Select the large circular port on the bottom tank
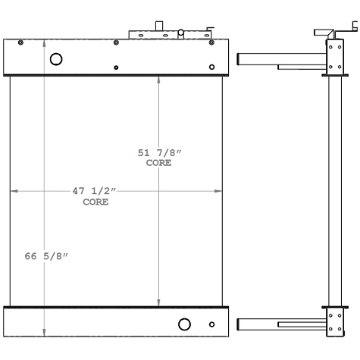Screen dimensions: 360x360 (184, 324)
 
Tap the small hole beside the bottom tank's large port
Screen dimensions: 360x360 (211, 325)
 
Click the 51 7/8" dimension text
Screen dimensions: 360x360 (159, 153)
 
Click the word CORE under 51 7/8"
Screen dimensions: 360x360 (159, 163)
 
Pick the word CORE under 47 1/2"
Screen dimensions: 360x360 (95, 202)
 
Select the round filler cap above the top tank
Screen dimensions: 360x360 (182, 33)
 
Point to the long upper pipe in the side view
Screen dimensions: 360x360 (280, 58)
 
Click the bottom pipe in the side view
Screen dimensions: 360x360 (280, 325)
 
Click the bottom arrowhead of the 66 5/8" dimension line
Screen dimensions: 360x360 (44, 333)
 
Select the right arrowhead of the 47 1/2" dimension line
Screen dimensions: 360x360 (221, 192)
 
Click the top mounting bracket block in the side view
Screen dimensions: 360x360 (333, 57)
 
